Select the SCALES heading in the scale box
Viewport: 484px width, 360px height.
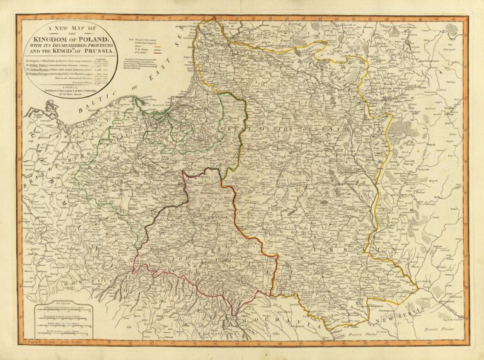[60, 303]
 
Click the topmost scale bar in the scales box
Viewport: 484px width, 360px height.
[60, 310]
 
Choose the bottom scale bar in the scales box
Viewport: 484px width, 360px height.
[60, 334]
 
